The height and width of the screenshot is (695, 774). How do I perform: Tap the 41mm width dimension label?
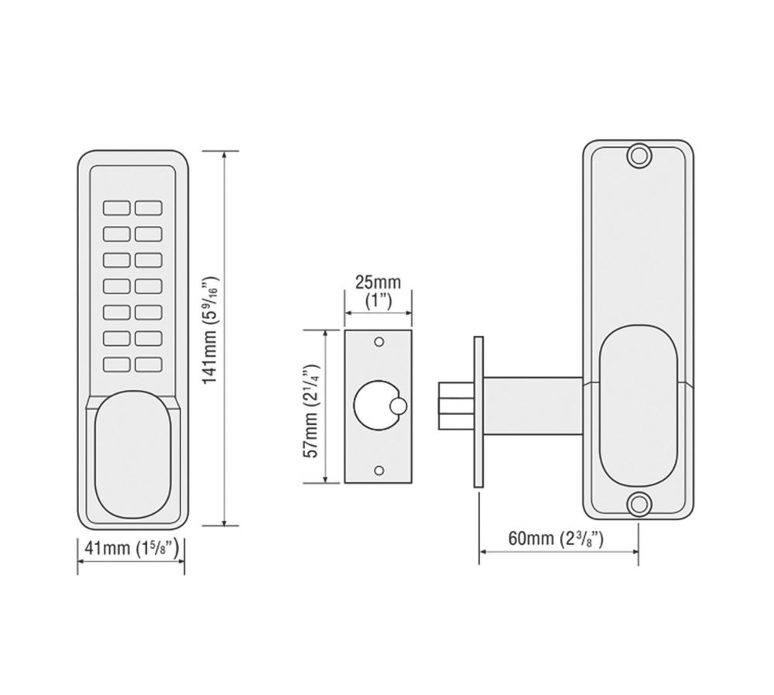coord(132,548)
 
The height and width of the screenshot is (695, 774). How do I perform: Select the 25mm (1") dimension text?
coord(378,291)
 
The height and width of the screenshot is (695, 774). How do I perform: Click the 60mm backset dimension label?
coord(556,538)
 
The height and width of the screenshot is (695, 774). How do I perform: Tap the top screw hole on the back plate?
coord(639,156)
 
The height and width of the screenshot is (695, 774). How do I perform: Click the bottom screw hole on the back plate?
coord(639,505)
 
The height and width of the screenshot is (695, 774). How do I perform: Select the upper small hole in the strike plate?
coord(379,341)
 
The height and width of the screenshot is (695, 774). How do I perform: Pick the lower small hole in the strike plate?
coord(379,471)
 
